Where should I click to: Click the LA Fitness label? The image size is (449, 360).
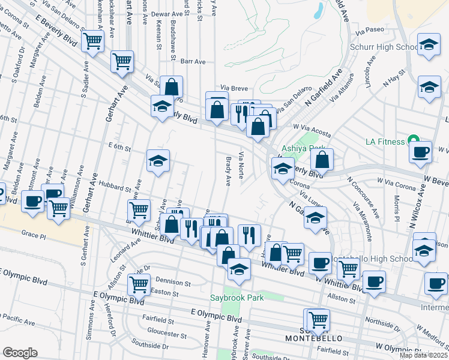point(386,142)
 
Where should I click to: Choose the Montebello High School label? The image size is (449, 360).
point(366,258)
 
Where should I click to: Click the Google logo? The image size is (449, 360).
point(20,352)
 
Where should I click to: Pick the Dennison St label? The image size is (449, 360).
point(172,280)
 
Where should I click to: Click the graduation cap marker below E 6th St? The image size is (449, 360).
point(158,161)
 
